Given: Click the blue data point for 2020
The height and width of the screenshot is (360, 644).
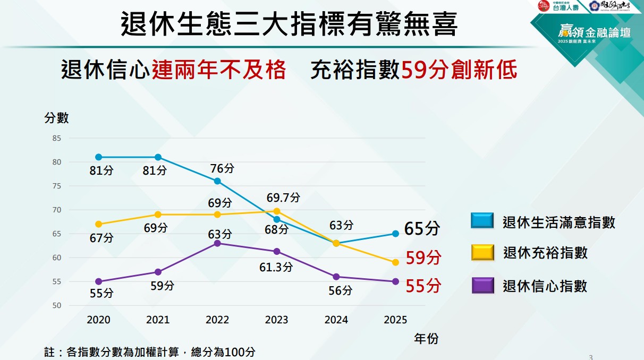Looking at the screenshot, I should pyautogui.click(x=98, y=157).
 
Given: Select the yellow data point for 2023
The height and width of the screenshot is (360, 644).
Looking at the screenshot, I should pyautogui.click(x=277, y=211).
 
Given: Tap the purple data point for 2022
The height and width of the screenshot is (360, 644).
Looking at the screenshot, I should pyautogui.click(x=217, y=243).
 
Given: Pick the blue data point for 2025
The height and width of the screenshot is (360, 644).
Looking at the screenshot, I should pyautogui.click(x=396, y=234).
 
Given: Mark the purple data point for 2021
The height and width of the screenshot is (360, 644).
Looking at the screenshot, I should pyautogui.click(x=158, y=272).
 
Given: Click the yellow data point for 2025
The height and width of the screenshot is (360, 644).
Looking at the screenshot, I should pyautogui.click(x=396, y=262).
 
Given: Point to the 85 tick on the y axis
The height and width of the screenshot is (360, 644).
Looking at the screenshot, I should pyautogui.click(x=57, y=138).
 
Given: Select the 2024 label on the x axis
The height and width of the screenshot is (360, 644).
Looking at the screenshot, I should pyautogui.click(x=336, y=320).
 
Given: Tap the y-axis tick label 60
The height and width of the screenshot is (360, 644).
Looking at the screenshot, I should pyautogui.click(x=57, y=258).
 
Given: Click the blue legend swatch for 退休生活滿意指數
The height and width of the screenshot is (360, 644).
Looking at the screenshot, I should pyautogui.click(x=482, y=221).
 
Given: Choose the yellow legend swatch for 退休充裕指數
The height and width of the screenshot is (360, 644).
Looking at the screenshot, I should pyautogui.click(x=482, y=253).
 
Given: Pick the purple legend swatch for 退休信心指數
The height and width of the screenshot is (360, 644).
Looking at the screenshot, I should pyautogui.click(x=482, y=286).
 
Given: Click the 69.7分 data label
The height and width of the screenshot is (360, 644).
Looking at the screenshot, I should pyautogui.click(x=283, y=198).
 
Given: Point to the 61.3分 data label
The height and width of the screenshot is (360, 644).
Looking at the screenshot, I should pyautogui.click(x=276, y=267).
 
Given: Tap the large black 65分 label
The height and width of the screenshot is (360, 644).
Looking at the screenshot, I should pyautogui.click(x=422, y=229).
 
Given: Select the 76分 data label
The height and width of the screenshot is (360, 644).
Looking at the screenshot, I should pyautogui.click(x=222, y=168).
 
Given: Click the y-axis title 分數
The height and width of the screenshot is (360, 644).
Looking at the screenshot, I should pyautogui.click(x=56, y=118).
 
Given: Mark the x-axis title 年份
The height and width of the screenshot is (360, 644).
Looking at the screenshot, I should pyautogui.click(x=426, y=338).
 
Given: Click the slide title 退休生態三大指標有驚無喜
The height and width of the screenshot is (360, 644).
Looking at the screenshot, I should pyautogui.click(x=289, y=24).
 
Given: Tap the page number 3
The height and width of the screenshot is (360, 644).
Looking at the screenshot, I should pyautogui.click(x=591, y=357).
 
